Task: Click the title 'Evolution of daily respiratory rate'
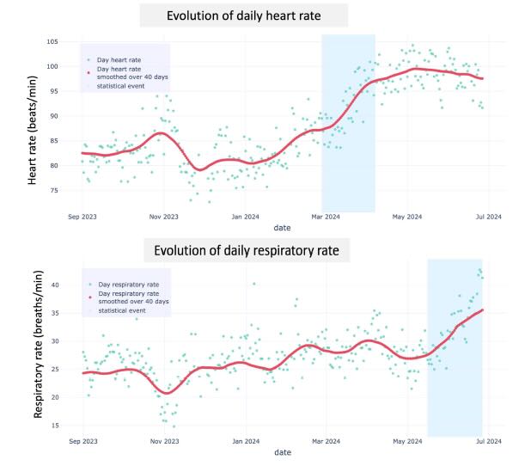247,251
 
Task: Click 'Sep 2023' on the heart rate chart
82,218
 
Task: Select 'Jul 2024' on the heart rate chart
488,218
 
